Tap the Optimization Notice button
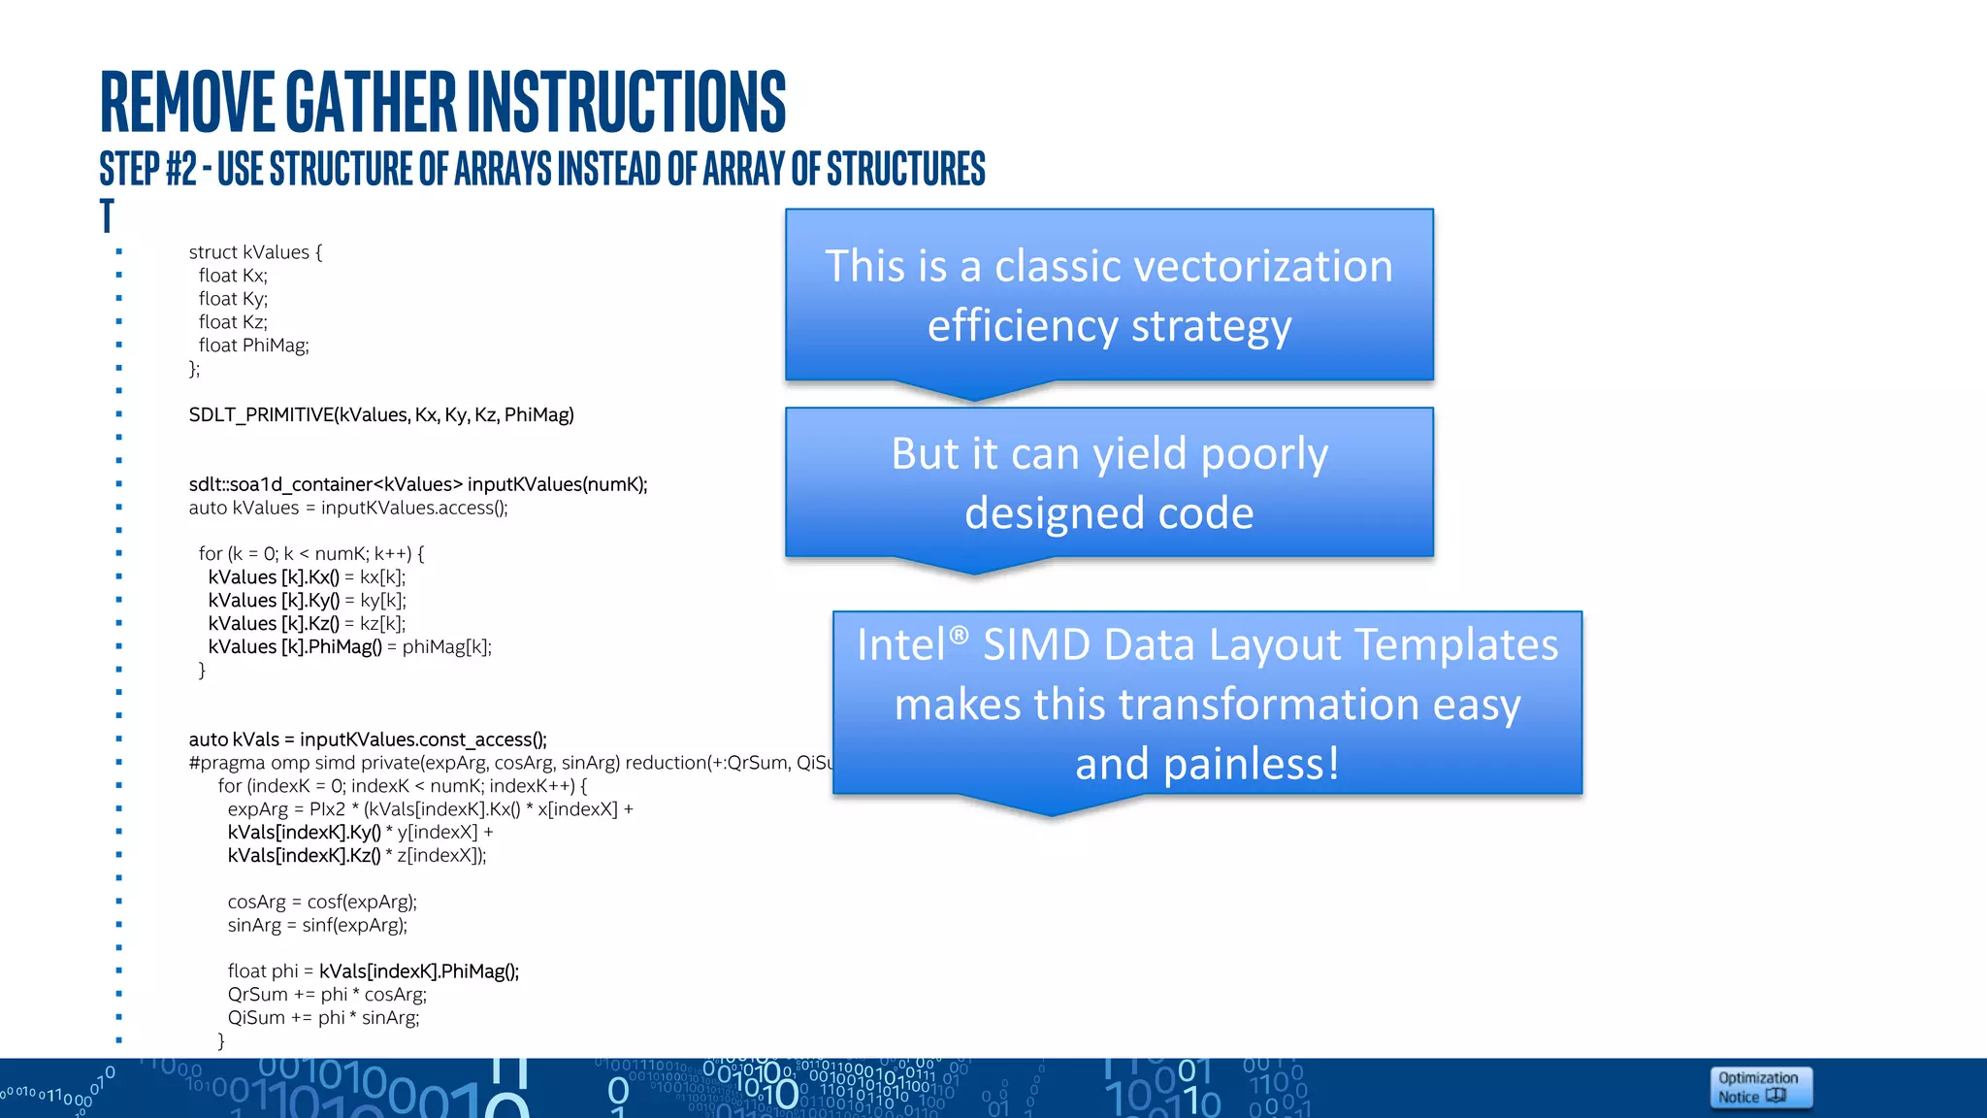pos(1759,1087)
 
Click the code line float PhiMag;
pos(253,345)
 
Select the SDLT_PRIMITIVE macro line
pos(380,415)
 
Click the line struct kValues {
pos(254,252)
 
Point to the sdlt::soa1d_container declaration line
pos(417,484)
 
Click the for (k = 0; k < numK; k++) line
pos(310,554)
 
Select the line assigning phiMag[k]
pos(349,647)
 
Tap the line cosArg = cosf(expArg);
pos(322,903)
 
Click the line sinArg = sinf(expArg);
pos(317,926)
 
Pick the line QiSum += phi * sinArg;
pos(323,1018)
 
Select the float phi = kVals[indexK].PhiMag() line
pos(373,971)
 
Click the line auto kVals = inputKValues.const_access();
pos(368,740)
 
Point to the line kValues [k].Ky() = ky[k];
pos(307,601)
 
